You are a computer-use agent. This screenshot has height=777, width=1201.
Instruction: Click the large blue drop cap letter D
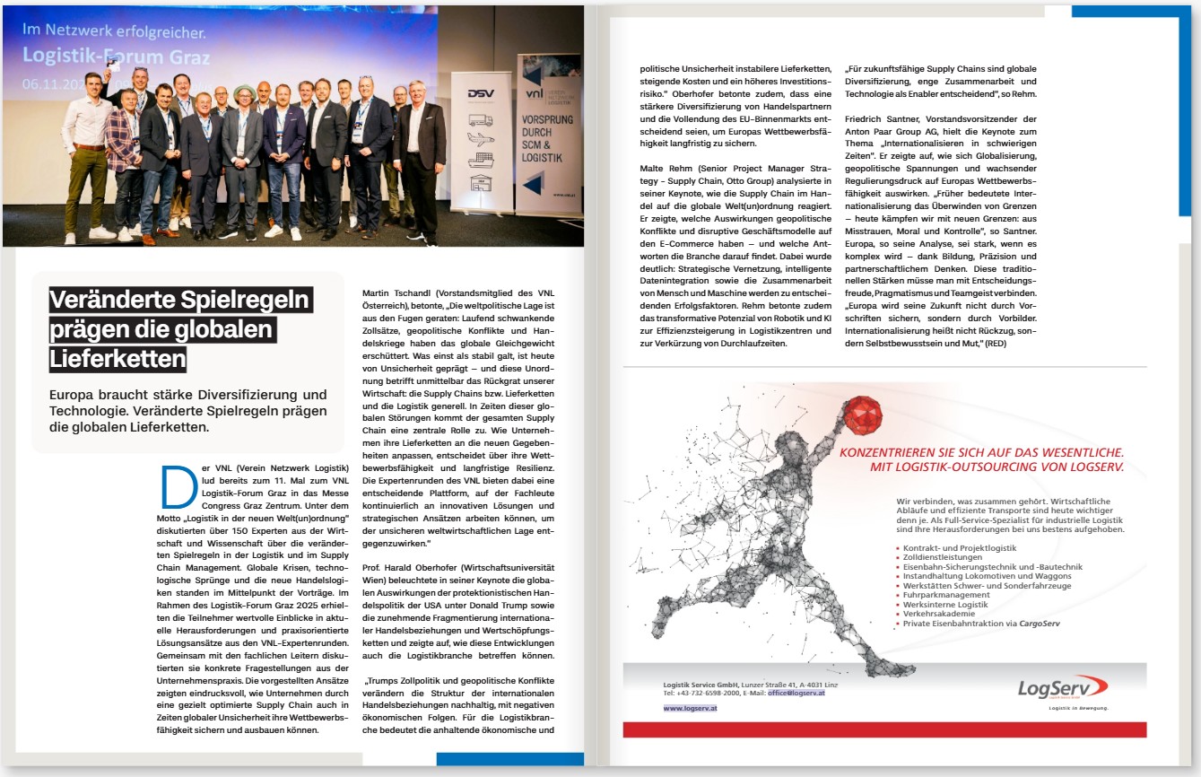click(178, 487)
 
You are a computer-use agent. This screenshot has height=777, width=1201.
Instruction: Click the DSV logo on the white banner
click(482, 93)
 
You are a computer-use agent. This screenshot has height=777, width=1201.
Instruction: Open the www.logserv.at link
click(690, 709)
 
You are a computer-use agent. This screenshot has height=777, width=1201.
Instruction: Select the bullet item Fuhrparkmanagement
click(934, 595)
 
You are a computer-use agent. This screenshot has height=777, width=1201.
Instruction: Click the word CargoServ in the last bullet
click(1040, 623)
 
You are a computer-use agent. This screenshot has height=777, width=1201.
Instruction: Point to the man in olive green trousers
click(87, 162)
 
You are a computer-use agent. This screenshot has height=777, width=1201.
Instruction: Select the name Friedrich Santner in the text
click(886, 119)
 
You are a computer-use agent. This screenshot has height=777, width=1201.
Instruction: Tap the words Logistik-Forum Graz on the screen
click(116, 57)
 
